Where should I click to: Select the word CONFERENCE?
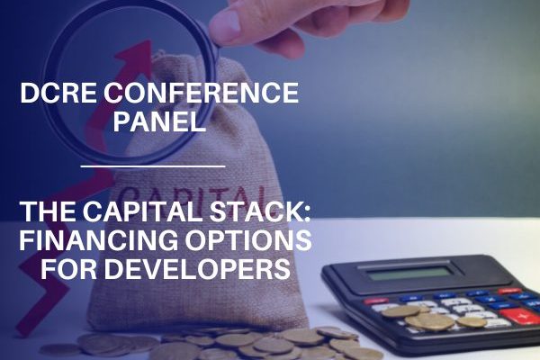coord(201,93)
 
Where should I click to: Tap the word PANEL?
coord(160,121)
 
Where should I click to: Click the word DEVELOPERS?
coord(198,269)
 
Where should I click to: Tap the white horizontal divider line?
coord(153,166)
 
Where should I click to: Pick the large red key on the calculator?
coord(519,315)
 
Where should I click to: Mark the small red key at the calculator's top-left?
coord(376,301)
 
